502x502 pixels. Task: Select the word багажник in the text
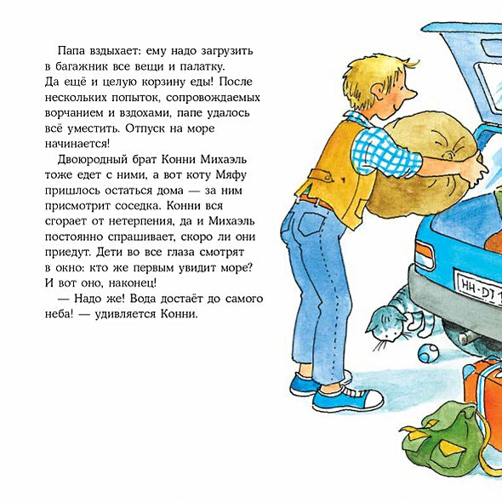pyautogui.click(x=88, y=66)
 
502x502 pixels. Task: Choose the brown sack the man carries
pyautogui.click(x=416, y=162)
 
